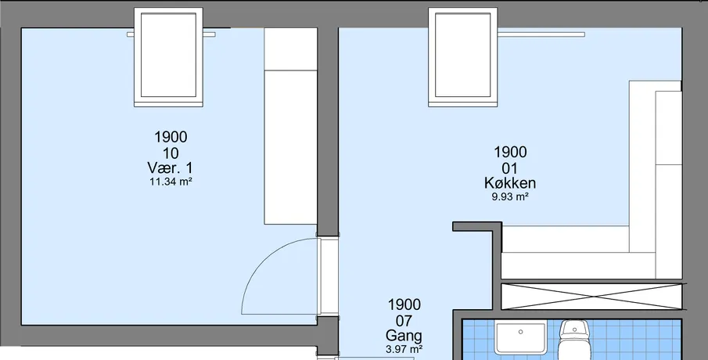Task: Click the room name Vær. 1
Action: (170, 168)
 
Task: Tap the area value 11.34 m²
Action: (171, 182)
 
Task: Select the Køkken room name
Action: (510, 183)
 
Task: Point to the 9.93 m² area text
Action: (510, 197)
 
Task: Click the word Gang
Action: (404, 336)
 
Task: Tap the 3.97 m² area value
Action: (404, 349)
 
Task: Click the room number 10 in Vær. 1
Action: (171, 153)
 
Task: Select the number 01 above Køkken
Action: (510, 168)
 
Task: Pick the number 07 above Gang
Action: (404, 321)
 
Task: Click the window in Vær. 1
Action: (168, 57)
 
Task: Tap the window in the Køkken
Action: (463, 57)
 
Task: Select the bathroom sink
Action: (520, 337)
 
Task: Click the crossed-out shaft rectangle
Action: (591, 297)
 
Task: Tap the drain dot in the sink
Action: (520, 332)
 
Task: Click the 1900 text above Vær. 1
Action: (171, 137)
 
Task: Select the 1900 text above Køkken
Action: (510, 153)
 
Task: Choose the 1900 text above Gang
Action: (404, 305)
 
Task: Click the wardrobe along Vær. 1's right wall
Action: (291, 126)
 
